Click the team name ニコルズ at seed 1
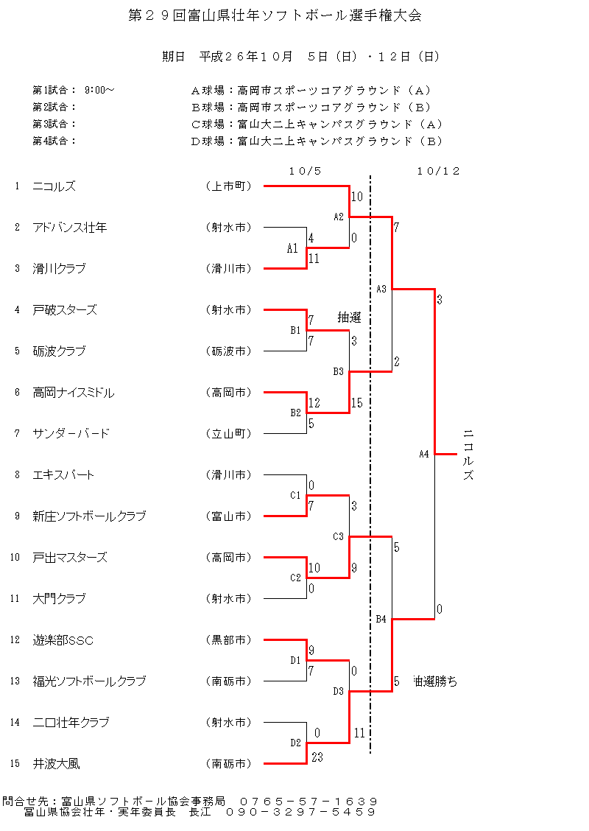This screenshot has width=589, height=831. [x=54, y=186]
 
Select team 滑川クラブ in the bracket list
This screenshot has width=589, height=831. [x=60, y=269]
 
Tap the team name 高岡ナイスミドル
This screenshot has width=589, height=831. [x=74, y=393]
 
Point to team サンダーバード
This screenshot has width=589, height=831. [x=71, y=433]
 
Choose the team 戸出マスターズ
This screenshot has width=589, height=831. [x=70, y=558]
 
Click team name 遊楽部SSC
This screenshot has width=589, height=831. [x=63, y=640]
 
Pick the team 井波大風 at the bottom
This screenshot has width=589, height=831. [x=56, y=764]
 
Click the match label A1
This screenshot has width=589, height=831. [x=292, y=248]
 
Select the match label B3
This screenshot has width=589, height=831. [x=339, y=371]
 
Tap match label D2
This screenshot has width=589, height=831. [x=295, y=743]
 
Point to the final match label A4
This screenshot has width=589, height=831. [x=424, y=455]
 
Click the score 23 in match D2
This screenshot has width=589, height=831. [x=317, y=757]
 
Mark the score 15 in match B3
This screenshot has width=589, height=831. [x=357, y=403]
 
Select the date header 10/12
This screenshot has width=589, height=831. [x=439, y=171]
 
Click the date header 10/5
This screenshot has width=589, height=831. [x=305, y=171]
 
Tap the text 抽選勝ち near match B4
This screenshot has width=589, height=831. [x=435, y=681]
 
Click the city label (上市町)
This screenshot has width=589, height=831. [x=229, y=186]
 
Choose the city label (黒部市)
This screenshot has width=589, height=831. [x=229, y=640]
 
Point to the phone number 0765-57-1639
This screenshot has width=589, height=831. [x=308, y=802]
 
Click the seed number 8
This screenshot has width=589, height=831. [x=18, y=475]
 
